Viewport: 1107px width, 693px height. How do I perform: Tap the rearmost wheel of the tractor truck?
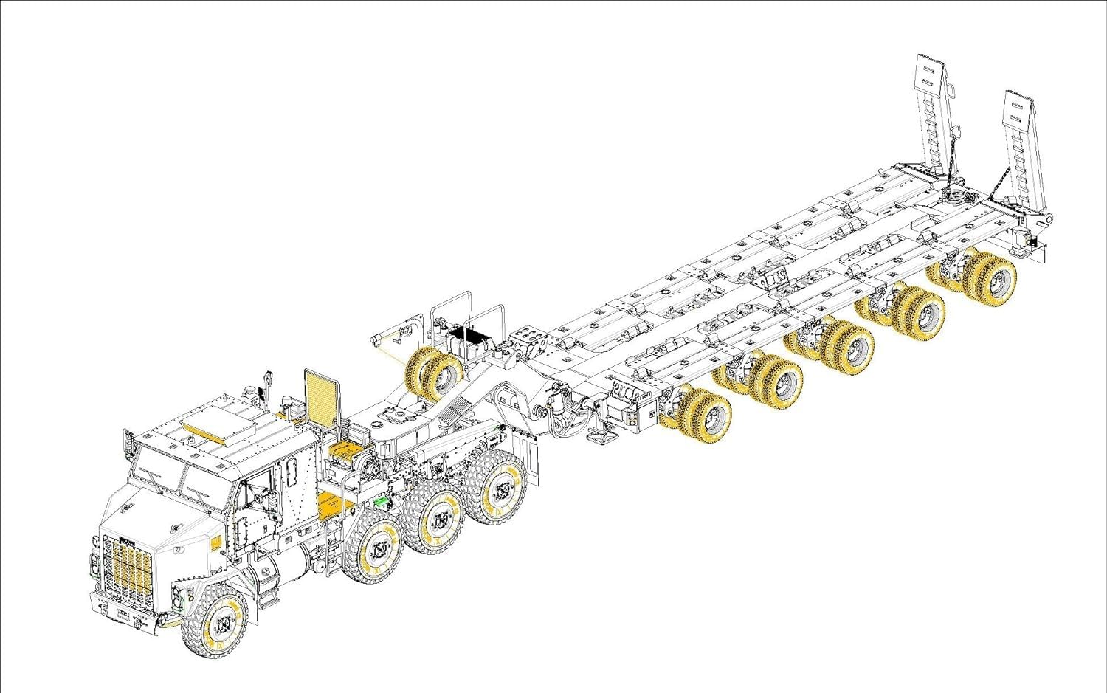coord(503,487)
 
